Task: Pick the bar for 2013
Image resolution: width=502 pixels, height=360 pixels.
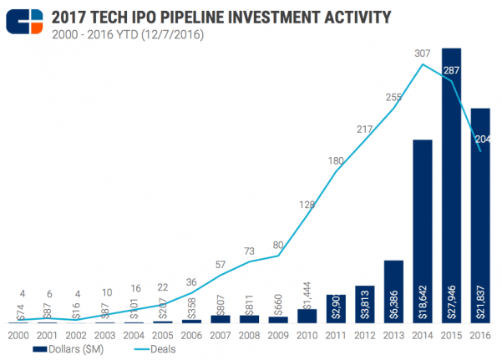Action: [393, 292]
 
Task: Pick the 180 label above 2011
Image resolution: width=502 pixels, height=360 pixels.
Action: [336, 160]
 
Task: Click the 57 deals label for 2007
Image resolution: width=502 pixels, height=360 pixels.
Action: [221, 265]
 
